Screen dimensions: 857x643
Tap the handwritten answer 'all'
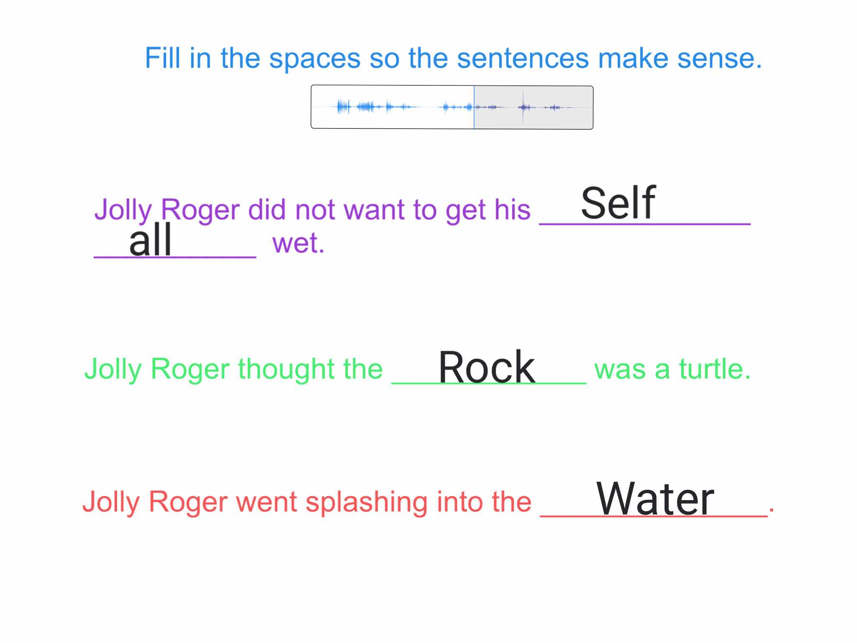pos(150,240)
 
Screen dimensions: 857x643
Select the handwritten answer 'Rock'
pos(487,367)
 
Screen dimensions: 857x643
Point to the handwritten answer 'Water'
pos(655,499)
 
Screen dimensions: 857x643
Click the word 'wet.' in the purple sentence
pos(298,244)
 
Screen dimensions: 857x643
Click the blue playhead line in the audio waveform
pos(474,107)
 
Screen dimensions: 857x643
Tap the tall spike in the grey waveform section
pos(523,107)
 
